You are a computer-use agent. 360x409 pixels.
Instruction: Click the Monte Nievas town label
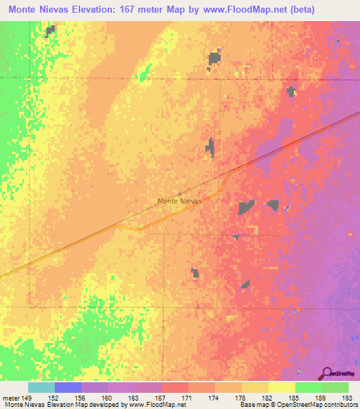(x=179, y=201)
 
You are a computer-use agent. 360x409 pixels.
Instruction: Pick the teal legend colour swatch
(x=41, y=387)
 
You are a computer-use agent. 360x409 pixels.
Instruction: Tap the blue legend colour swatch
(x=68, y=387)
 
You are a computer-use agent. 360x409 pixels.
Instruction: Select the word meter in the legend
(x=11, y=397)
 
